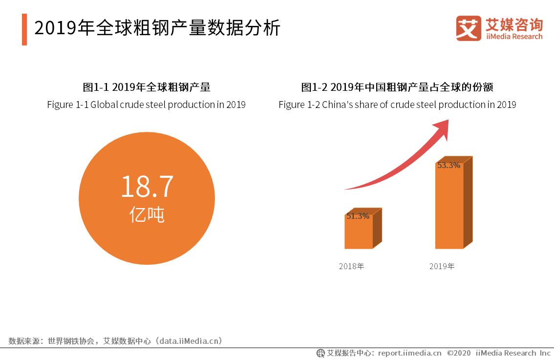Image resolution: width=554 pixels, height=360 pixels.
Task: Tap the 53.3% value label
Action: click(448, 165)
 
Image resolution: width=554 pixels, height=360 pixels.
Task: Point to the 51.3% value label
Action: click(358, 216)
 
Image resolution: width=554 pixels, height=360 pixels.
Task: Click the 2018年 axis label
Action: click(352, 266)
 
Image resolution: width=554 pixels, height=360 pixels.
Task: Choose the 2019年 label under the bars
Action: click(442, 266)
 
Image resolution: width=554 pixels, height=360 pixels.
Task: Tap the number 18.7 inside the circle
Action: click(147, 187)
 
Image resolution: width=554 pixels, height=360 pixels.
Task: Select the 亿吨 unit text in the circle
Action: click(147, 214)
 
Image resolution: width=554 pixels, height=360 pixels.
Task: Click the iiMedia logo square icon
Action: click(469, 28)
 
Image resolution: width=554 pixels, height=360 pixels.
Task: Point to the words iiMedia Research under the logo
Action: click(514, 37)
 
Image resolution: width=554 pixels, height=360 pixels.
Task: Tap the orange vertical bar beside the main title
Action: click(24, 29)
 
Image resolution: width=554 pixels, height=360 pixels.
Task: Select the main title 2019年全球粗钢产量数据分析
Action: click(157, 28)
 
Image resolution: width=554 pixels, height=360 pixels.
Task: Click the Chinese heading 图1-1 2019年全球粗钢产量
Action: click(147, 87)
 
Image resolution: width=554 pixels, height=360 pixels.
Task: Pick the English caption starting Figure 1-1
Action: click(146, 105)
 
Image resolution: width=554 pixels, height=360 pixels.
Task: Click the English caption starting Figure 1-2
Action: click(397, 105)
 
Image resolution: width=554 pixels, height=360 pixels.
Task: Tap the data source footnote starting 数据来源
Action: click(115, 340)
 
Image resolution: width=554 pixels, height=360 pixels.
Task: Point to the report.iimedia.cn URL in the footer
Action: click(409, 353)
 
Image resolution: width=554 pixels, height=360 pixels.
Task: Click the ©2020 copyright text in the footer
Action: click(458, 353)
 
